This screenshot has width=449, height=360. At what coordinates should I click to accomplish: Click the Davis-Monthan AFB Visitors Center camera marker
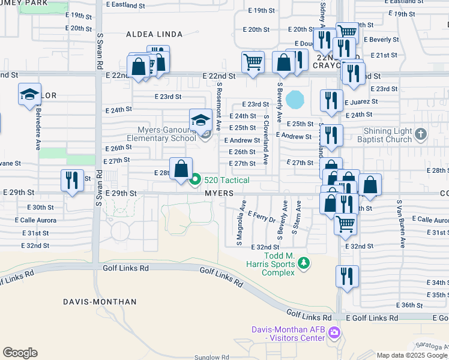334,332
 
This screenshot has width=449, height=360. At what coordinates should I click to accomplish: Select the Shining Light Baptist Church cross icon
421,133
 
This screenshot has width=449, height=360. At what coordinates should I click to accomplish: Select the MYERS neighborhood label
218,193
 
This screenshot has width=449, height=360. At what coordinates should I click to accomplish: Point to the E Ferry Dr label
261,216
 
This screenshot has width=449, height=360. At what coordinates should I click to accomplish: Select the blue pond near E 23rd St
295,100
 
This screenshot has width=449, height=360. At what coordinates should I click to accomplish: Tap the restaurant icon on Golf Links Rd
347,277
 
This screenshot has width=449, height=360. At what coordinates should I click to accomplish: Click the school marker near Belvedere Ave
29,95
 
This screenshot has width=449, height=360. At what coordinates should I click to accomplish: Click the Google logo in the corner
20,352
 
